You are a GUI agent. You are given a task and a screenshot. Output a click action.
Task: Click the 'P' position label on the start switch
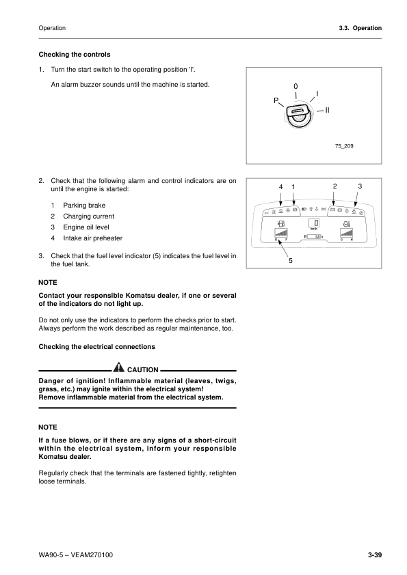pos(275,101)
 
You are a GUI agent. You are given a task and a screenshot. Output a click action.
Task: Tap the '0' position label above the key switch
pos(296,86)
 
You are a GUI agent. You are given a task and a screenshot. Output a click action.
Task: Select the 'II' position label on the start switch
pos(328,109)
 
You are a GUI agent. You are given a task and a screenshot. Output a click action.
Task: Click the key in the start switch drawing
pos(298,117)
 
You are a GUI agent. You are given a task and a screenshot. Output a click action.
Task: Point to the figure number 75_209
pos(344,145)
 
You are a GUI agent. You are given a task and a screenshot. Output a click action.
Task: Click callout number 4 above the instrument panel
pos(280,186)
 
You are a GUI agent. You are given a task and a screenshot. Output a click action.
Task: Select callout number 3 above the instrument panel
pos(360,186)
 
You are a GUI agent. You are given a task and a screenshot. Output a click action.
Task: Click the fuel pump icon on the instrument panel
pos(281,223)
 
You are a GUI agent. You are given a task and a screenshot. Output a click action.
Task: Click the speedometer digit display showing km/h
pos(315,224)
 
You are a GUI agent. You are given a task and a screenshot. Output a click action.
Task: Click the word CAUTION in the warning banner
pos(143,369)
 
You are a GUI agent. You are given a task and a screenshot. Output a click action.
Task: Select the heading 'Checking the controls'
pos(75,54)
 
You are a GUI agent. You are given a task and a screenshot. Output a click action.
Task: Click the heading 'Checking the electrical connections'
pos(97,347)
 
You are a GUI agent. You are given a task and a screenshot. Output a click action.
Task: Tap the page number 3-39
pos(374,554)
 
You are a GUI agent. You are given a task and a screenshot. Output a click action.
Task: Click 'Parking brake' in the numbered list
pos(84,205)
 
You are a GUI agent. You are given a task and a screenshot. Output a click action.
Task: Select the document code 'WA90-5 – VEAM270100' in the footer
pos(76,554)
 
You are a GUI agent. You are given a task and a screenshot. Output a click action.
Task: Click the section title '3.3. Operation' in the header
pos(360,28)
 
